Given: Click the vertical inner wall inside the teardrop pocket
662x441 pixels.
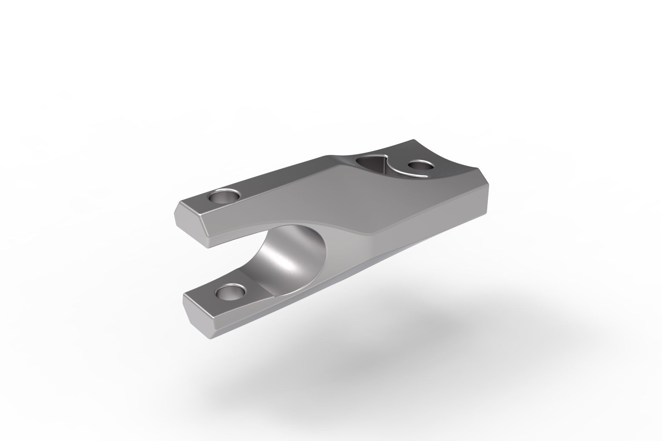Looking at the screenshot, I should pyautogui.click(x=379, y=169).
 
